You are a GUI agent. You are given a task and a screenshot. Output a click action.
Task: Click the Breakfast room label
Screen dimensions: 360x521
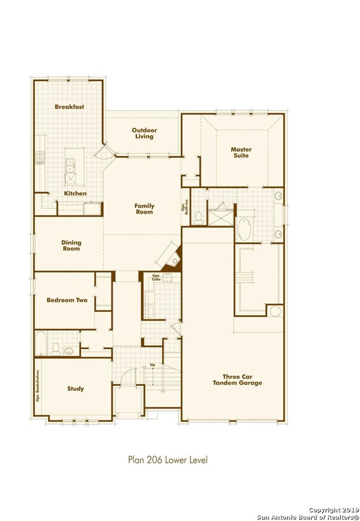pos(69,106)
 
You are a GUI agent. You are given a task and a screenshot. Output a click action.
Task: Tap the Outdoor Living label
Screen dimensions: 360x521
pos(144,133)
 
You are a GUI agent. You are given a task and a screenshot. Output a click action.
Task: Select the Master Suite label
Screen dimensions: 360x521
pos(241,152)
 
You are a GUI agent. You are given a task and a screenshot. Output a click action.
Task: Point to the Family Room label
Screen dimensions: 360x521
pos(144,209)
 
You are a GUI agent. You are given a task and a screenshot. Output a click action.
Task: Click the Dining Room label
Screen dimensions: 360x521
pos(71,246)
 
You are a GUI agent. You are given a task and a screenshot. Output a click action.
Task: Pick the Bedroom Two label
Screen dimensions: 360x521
pos(67,300)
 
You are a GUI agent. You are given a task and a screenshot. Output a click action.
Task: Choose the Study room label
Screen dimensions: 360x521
pos(75,389)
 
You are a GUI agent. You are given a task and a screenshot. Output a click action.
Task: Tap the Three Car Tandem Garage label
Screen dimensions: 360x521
pos(237,380)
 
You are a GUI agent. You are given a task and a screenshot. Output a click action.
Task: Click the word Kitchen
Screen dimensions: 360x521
pos(75,193)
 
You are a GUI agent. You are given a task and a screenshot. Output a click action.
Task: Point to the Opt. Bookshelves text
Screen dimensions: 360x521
pos(38,386)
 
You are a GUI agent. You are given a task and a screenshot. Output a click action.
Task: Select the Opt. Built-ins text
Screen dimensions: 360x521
pos(184,207)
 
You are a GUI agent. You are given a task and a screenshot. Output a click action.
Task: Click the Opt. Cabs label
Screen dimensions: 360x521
pos(156,278)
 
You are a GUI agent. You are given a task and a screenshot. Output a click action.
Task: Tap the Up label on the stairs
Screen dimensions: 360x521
pos(152,365)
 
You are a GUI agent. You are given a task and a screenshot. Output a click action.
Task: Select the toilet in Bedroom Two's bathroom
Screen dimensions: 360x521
pos(55,349)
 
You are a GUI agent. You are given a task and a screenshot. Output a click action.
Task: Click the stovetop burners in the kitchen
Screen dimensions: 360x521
pos(40,158)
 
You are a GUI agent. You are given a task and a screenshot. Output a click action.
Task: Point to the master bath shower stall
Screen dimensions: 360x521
pos(221,218)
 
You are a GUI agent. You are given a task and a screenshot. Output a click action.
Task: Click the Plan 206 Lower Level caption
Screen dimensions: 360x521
pos(168,460)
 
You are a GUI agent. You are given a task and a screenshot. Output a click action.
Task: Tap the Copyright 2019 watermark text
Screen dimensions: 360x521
pos(334,510)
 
